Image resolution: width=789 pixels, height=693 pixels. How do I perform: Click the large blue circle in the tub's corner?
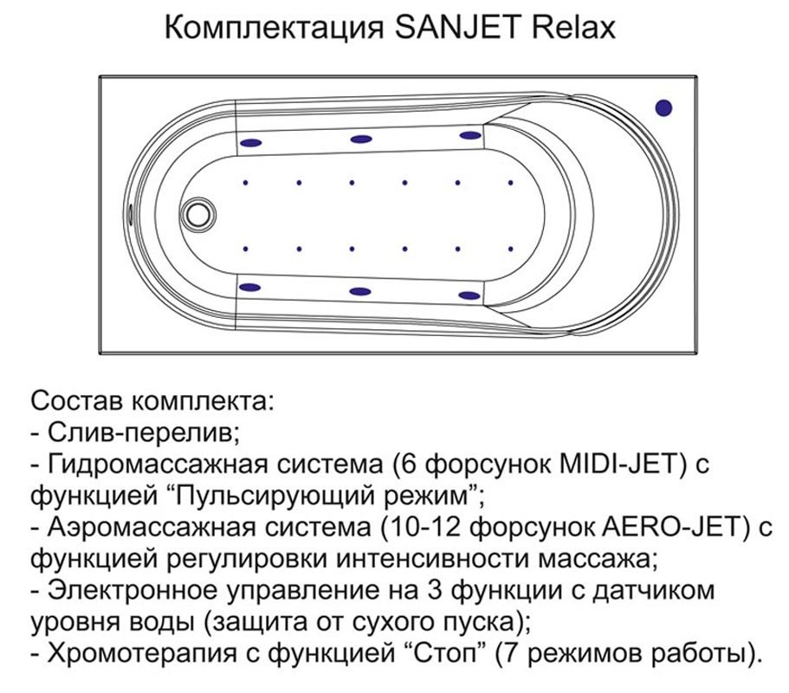coord(663,107)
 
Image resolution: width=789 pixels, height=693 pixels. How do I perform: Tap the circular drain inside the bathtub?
coord(197,215)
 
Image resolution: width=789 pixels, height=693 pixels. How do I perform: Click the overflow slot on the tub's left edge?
coord(131,214)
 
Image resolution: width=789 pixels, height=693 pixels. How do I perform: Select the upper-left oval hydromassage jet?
coord(250,143)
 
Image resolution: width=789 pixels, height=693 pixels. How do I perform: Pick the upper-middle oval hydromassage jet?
coord(361,139)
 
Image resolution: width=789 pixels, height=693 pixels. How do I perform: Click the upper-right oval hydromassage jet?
coord(470,135)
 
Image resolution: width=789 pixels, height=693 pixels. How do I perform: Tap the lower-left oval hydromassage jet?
coord(250,288)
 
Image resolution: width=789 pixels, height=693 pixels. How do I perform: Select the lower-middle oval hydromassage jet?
coord(359,291)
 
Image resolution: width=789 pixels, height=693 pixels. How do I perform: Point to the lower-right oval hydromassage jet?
coord(469,296)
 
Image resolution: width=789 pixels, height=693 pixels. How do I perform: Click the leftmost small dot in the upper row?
coord(246,183)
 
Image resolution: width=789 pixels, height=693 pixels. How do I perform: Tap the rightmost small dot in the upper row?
coord(511,183)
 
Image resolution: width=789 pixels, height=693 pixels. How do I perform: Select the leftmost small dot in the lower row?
coord(246,249)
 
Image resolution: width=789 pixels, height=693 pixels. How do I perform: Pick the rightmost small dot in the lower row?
coord(511,249)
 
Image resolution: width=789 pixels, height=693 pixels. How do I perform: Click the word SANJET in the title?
coord(457,28)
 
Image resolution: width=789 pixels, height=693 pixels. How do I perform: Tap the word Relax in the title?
coord(573,28)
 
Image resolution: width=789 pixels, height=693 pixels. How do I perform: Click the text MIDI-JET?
coord(623,464)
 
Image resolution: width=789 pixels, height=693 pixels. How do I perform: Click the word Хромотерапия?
coord(142,653)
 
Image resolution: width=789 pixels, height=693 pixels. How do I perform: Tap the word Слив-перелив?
coord(144,433)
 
